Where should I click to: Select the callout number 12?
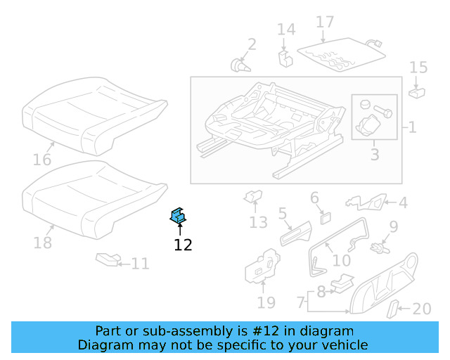pos(183,245)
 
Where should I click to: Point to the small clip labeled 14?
pos(285,56)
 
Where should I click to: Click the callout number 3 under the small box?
pos(374,154)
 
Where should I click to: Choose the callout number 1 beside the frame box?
pos(412,127)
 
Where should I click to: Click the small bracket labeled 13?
pos(252,198)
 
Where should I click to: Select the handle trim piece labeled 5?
pos(295,233)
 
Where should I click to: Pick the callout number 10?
pos(341,260)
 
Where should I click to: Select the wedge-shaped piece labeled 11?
pos(108,260)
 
